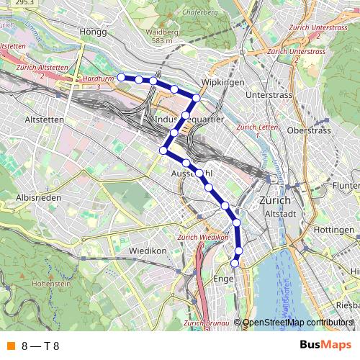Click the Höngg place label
pos(94,32)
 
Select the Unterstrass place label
pos(268,95)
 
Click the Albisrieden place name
pos(39,197)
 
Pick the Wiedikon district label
pos(148,251)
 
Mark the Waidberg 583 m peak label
pos(162,37)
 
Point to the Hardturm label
pos(96,78)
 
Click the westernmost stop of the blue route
pos(122,77)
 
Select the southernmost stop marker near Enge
pos(235,264)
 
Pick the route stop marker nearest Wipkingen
pos(196,97)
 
